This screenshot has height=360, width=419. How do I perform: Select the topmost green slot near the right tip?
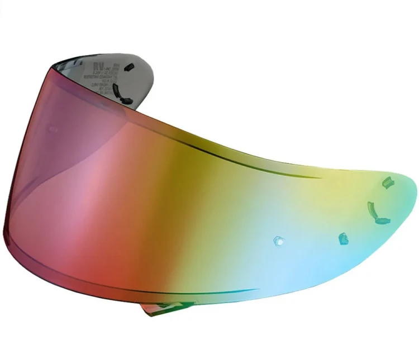(385, 182)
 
